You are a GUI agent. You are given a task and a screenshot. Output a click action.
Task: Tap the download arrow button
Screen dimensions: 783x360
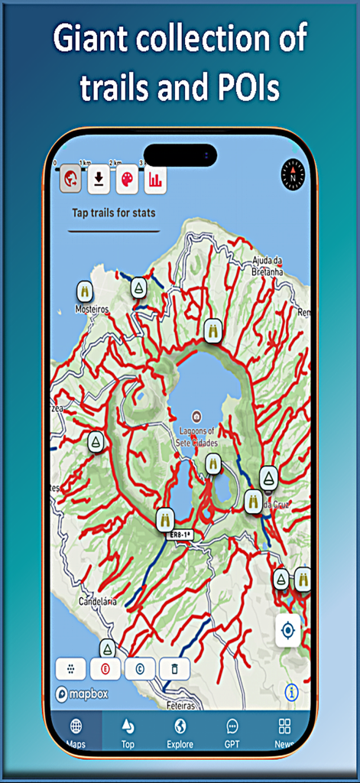tap(99, 179)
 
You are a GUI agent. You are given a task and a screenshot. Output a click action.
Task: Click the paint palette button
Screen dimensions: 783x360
tap(127, 179)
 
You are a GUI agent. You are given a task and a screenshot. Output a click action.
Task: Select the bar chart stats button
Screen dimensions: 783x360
tap(154, 179)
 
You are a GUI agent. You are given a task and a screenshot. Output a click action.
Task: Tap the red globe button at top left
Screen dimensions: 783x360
tap(71, 179)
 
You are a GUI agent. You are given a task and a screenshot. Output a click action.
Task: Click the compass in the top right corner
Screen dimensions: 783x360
tap(292, 170)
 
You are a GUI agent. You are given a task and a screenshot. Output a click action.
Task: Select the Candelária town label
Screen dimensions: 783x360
tap(97, 602)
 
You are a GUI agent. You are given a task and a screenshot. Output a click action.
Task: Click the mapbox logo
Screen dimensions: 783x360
tap(82, 694)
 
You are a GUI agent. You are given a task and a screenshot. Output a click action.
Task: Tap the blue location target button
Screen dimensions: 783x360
tap(288, 631)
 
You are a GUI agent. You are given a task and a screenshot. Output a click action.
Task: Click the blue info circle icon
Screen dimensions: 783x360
tap(291, 692)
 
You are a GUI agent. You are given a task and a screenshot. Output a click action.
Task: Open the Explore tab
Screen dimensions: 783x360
tap(180, 732)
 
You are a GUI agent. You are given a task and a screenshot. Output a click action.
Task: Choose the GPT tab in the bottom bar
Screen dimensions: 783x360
tap(232, 732)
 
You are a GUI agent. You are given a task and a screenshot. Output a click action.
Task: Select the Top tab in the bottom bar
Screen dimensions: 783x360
tap(128, 732)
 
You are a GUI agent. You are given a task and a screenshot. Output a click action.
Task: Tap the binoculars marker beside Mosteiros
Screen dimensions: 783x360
tap(85, 291)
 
